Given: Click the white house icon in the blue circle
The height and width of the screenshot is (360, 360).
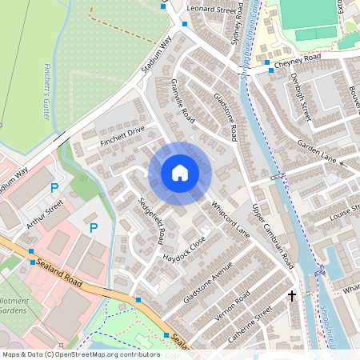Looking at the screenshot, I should click(180, 173).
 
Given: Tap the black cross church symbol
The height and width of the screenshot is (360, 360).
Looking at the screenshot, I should click(292, 296).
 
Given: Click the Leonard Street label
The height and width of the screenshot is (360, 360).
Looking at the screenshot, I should click(214, 10).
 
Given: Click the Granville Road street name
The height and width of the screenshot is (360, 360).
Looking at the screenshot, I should click(182, 101).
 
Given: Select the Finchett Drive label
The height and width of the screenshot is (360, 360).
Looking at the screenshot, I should click(122, 134).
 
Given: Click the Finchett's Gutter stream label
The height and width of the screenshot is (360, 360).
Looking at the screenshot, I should click(47, 91).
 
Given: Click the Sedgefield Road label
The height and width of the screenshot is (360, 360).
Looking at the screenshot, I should click(151, 221).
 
